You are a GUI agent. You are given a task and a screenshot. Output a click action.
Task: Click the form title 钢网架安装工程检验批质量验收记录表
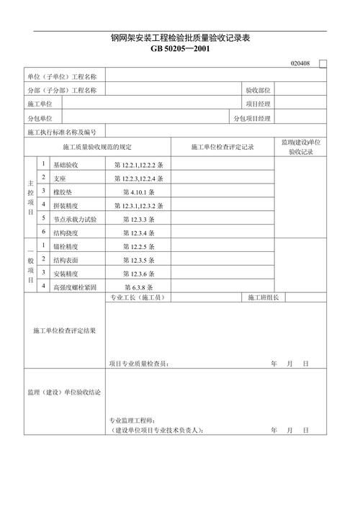point(180,38)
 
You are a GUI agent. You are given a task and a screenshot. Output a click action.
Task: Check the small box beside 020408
point(323,64)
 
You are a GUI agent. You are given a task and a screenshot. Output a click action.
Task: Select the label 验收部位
point(258,91)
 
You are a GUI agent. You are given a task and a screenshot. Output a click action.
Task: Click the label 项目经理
point(258,104)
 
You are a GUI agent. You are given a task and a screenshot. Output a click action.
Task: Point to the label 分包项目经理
point(251,119)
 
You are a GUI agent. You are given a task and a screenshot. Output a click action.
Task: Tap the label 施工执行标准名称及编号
point(61,132)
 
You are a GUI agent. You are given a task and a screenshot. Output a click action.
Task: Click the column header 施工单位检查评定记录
point(223,147)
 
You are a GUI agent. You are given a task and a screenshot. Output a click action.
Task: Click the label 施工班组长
point(268,297)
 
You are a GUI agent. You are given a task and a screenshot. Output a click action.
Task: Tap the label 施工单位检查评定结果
point(65,331)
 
